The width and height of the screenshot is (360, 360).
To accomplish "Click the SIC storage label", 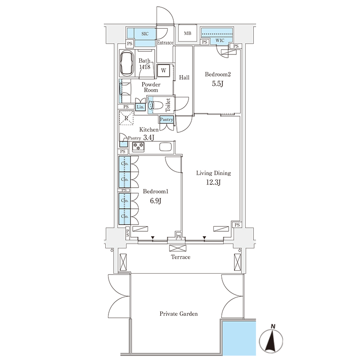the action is pyautogui.click(x=145, y=34).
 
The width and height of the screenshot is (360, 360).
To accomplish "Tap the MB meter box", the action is pyautogui.click(x=188, y=33).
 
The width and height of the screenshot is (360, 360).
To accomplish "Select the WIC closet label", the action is pyautogui.click(x=220, y=40).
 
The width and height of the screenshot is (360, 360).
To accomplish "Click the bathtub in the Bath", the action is pyautogui.click(x=127, y=63).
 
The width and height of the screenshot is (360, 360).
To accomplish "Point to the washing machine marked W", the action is pyautogui.click(x=163, y=70).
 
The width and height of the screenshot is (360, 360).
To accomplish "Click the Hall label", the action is pyautogui.click(x=184, y=77).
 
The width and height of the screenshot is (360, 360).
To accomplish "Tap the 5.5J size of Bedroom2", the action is pyautogui.click(x=218, y=84).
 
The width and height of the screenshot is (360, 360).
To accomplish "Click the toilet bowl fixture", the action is pyautogui.click(x=156, y=105).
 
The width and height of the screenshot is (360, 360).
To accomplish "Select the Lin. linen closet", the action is pyautogui.click(x=140, y=107).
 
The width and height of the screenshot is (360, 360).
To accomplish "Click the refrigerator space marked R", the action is pyautogui.click(x=126, y=118).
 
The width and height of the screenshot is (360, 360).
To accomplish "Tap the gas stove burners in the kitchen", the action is pyautogui.click(x=138, y=146).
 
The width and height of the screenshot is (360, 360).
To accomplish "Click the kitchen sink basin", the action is pyautogui.click(x=165, y=147).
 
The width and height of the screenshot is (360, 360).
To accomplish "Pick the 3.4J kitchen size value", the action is pyautogui.click(x=149, y=138).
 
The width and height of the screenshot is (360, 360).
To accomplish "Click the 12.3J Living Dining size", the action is pyautogui.click(x=213, y=183).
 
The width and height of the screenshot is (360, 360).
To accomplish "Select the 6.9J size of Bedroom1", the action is pyautogui.click(x=155, y=201).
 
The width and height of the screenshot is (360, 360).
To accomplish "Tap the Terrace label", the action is pyautogui.click(x=180, y=257).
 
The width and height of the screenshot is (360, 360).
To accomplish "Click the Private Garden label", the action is pyautogui.click(x=179, y=314).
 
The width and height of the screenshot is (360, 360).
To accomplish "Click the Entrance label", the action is pyautogui.click(x=165, y=43).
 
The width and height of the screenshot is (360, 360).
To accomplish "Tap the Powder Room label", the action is pyautogui.click(x=151, y=87).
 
